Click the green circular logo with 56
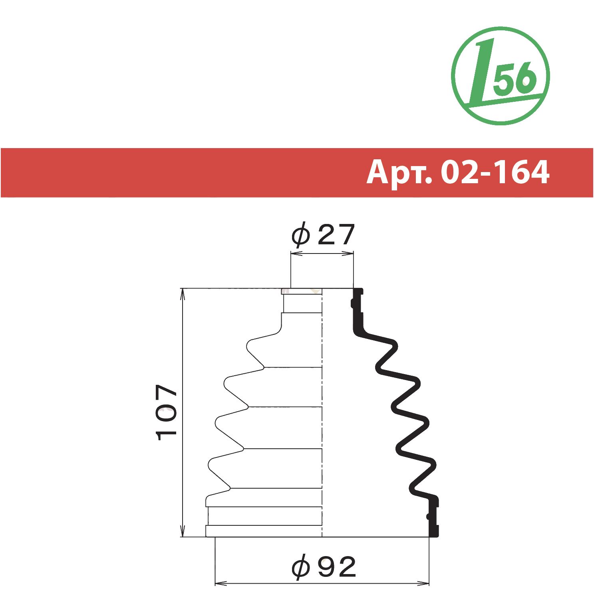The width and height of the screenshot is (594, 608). pos(500,76)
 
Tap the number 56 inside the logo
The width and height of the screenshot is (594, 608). pos(514,78)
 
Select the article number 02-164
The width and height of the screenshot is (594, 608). pos(495,172)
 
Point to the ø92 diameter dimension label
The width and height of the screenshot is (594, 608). pos(323,567)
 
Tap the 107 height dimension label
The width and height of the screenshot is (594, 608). pos(167,412)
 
